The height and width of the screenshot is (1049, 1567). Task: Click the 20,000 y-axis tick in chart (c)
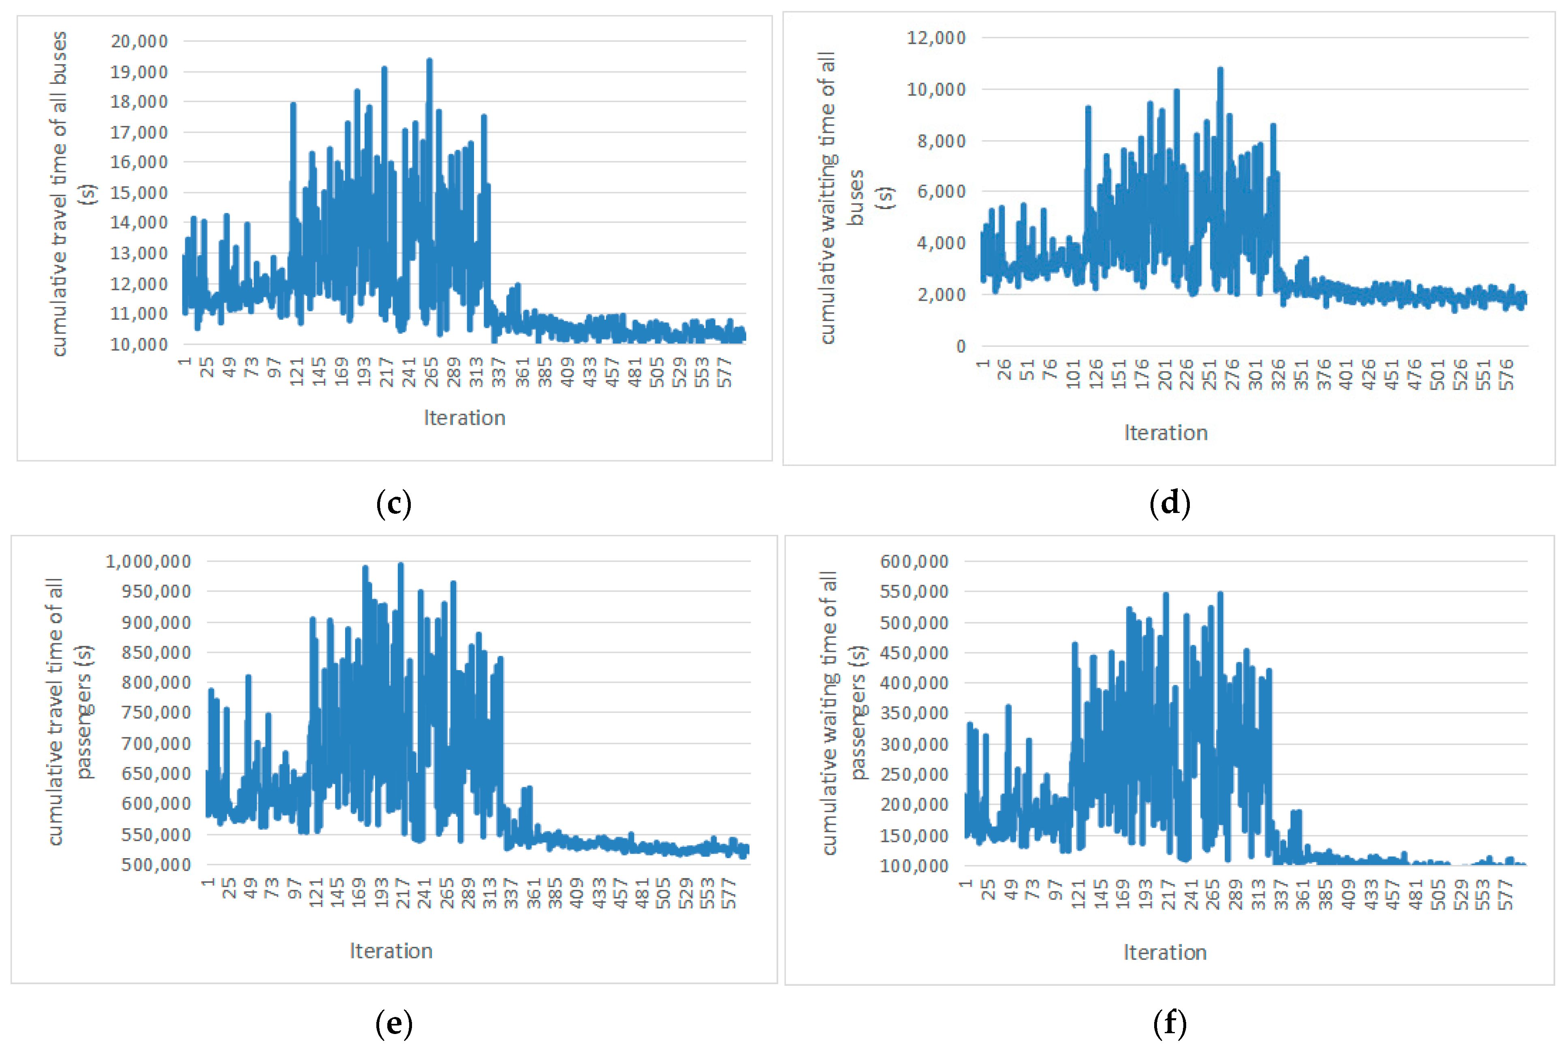[x=139, y=41]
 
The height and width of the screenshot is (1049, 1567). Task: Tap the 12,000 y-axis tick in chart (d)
[x=936, y=37]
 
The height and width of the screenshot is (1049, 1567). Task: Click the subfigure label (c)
[x=393, y=503]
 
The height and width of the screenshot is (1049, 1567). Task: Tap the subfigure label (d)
[x=1170, y=503]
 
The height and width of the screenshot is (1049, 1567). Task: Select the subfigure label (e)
[x=393, y=1023]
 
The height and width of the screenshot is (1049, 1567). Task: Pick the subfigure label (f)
[x=1170, y=1023]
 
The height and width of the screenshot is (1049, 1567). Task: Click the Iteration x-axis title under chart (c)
[x=464, y=418]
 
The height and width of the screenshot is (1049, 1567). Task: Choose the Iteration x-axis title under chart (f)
[x=1164, y=953]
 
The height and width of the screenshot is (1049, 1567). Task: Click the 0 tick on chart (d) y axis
[x=961, y=346]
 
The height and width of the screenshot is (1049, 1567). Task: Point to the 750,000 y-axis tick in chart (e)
[x=156, y=713]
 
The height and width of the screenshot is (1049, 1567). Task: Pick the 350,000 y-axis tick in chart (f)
[x=914, y=713]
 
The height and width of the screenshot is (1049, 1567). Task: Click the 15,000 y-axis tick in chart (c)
[x=139, y=193]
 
